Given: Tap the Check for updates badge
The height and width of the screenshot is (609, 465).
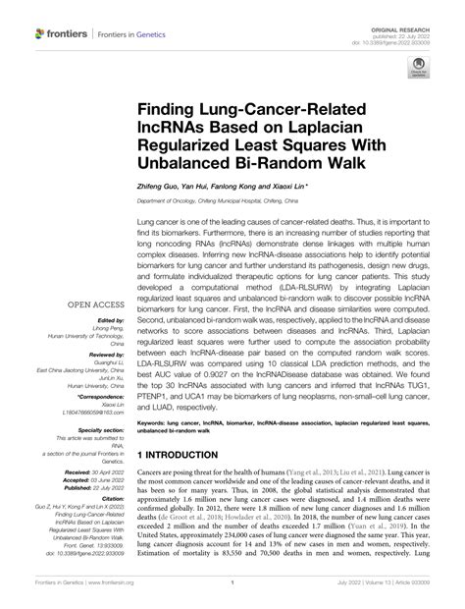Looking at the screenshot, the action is click(x=418, y=71).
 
